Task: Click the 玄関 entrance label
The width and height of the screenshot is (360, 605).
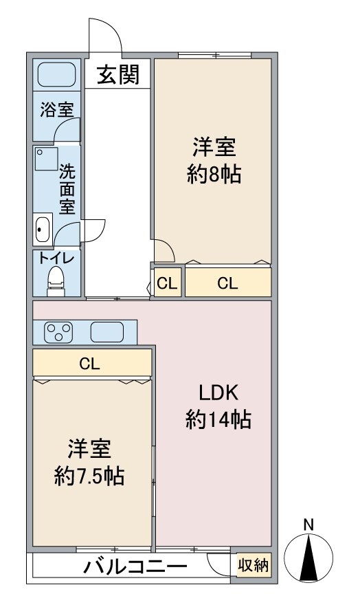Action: coord(117,74)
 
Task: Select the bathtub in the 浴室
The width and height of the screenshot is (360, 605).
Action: coord(56,74)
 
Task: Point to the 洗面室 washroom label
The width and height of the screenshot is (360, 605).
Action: coord(67,188)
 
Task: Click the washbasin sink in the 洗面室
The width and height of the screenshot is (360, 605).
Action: coord(43,228)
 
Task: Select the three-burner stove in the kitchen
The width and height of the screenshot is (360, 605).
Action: coord(58,333)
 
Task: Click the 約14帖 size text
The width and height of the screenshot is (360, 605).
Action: coord(218,419)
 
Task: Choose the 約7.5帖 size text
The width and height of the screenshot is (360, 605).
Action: coord(89,475)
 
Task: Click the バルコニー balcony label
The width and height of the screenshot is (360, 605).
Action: coord(135,568)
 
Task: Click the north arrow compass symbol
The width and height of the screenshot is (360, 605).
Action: coord(309,557)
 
